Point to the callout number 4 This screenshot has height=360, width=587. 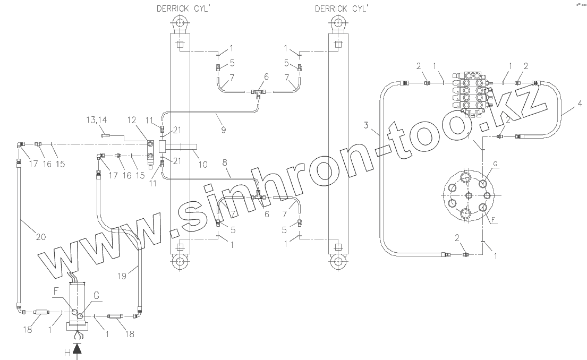tap(578, 111)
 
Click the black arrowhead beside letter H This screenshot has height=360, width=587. tap(78, 349)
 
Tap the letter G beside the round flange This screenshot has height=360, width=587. tap(496, 166)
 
